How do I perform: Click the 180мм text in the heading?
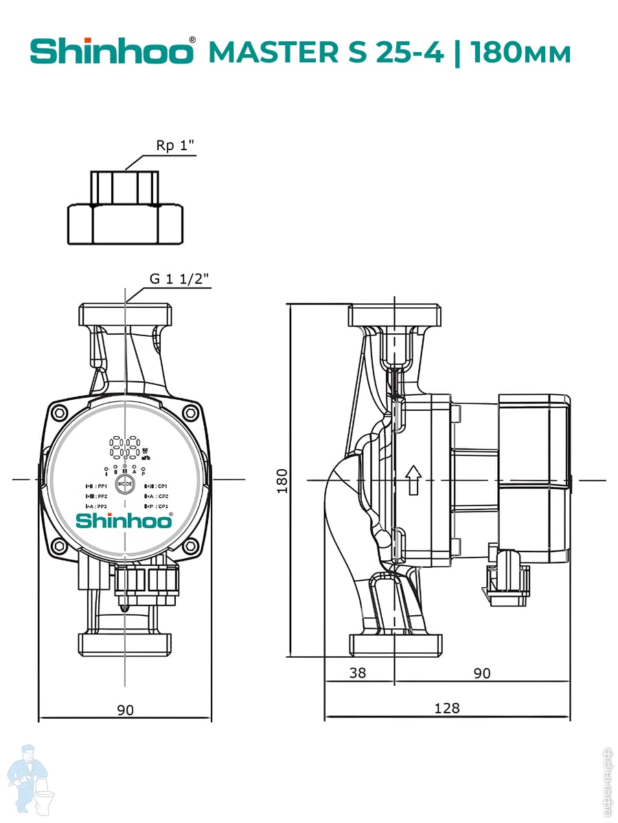click(520, 52)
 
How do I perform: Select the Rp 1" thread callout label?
click(175, 146)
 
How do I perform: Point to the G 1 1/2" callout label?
click(179, 278)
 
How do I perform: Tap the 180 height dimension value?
click(282, 480)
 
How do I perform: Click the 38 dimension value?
click(358, 673)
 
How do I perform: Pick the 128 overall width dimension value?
click(447, 708)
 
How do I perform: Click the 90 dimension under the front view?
click(125, 710)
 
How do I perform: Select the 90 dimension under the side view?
click(482, 673)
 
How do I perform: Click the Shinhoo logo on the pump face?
click(124, 521)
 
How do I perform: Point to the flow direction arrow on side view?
click(412, 479)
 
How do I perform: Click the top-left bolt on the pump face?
click(60, 413)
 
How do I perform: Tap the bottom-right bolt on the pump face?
click(190, 546)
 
